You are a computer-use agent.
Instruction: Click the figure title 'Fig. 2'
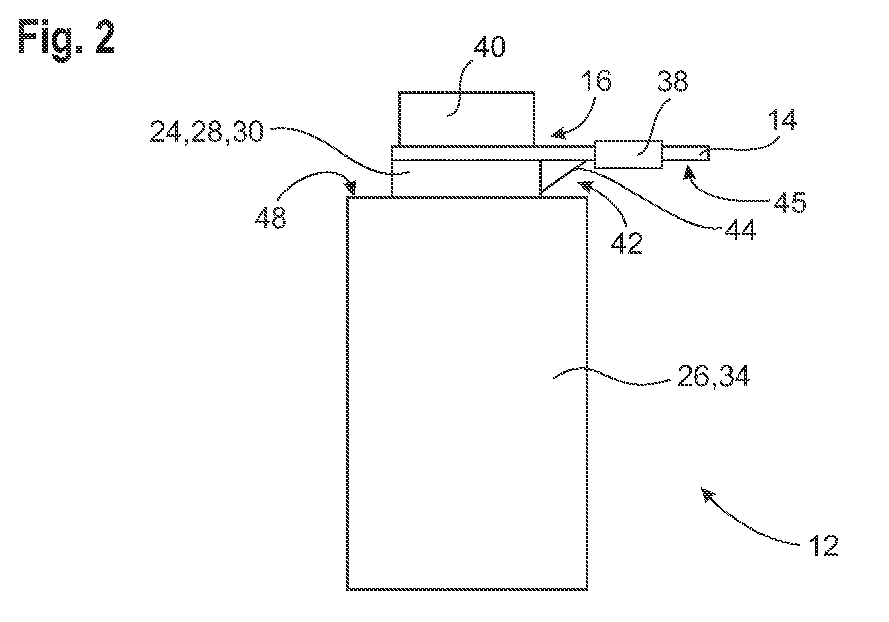pyautogui.click(x=67, y=38)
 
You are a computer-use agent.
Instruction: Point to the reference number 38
pyautogui.click(x=672, y=81)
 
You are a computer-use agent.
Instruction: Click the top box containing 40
pyautogui.click(x=466, y=118)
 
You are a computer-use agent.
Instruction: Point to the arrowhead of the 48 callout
pyautogui.click(x=351, y=189)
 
